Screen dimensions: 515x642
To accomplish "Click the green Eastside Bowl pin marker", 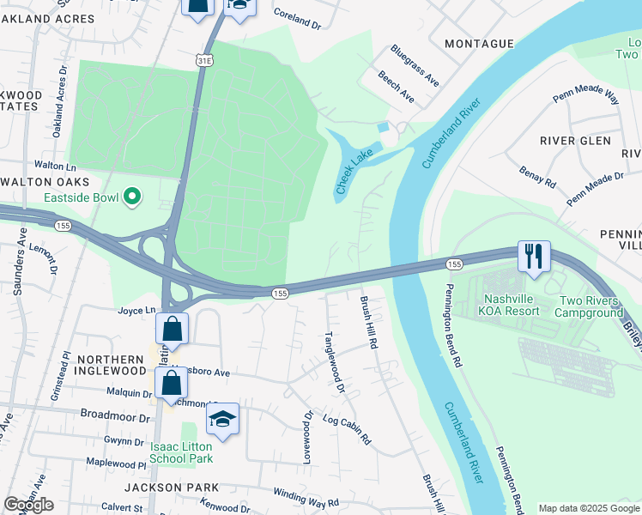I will click(x=131, y=198).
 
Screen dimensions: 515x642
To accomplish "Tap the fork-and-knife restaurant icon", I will click(x=533, y=256).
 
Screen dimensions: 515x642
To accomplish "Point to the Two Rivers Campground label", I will click(x=591, y=306).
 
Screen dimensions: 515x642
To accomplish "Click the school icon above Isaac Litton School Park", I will click(x=222, y=420).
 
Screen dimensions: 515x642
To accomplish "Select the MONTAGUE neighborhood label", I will click(x=480, y=43).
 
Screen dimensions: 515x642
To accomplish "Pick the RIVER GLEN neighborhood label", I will click(x=575, y=141).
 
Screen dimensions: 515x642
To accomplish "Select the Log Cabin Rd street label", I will click(x=347, y=428).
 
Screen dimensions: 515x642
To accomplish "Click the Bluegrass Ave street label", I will click(x=415, y=66).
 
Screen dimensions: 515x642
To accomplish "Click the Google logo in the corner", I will click(x=29, y=505).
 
